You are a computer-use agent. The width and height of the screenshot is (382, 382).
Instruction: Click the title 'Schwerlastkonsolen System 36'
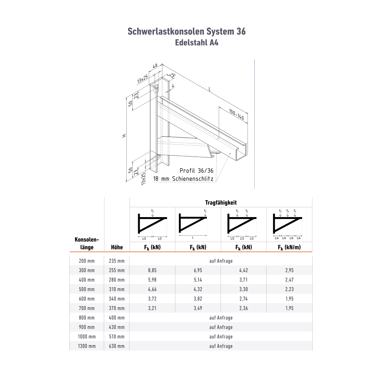[x=187, y=32]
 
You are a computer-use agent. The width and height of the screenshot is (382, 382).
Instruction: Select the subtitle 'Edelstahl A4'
[x=197, y=43]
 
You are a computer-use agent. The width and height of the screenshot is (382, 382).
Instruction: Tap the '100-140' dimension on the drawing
[x=236, y=114]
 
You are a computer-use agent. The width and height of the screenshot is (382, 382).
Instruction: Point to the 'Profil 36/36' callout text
[x=196, y=171]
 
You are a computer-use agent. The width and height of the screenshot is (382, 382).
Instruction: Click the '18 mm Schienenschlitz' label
[x=183, y=179]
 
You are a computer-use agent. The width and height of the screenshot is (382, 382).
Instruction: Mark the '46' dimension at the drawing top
[x=155, y=66]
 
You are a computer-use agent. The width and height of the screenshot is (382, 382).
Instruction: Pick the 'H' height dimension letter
[x=124, y=136]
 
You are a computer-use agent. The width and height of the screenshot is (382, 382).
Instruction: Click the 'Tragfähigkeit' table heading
[x=221, y=202]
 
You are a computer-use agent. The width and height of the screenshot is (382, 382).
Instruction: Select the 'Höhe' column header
[x=117, y=247]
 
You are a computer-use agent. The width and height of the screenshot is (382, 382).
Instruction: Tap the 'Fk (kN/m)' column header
[x=289, y=247]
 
